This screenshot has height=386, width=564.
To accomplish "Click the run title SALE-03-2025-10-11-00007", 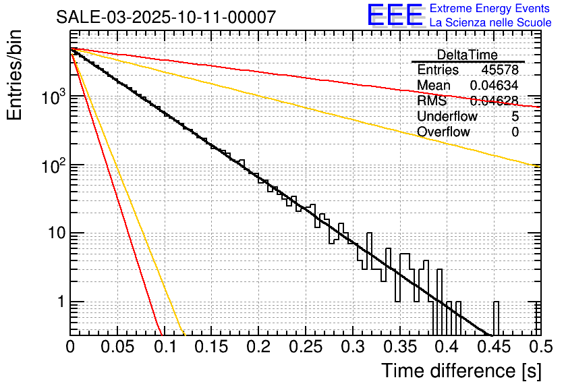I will (x=165, y=17).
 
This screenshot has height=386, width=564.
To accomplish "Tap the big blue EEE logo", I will (x=395, y=16).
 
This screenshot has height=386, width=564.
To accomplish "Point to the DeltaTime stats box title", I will (x=467, y=55).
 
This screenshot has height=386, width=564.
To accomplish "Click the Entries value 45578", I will (x=499, y=70).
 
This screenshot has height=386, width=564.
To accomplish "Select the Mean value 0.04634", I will (x=494, y=86).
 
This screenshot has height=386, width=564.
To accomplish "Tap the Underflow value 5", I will (x=515, y=117).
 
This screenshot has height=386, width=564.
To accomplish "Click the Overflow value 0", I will (x=515, y=132).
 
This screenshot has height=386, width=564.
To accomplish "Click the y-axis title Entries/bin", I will (x=16, y=76).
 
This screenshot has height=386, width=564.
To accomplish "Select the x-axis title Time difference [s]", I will (x=460, y=370).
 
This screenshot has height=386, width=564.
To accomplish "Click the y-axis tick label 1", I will (x=59, y=302).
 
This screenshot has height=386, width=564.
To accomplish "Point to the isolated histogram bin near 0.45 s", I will (x=497, y=318).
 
